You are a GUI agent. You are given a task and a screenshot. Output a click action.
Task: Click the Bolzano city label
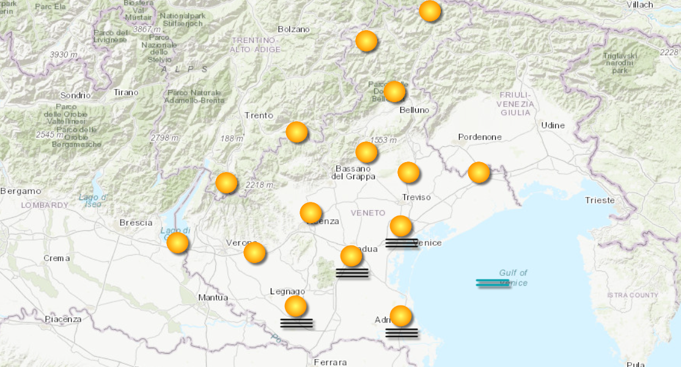pos(293,29)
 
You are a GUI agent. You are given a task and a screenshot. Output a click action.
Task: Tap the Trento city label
pos(259,115)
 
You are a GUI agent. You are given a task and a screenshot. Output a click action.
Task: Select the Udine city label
pos(553,125)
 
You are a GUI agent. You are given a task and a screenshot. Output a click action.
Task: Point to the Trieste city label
pos(600,200)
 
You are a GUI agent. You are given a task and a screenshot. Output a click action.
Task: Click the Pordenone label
pos(480,136)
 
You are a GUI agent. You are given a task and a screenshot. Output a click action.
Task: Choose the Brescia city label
pos(136,223)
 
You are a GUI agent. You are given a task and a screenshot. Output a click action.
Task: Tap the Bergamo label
pos(20,191)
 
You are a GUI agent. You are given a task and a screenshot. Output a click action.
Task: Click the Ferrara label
pos(330,362)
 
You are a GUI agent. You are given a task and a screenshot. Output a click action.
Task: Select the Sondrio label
pos(75,95)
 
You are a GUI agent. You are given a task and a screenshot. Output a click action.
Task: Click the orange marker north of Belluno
pos(394,92)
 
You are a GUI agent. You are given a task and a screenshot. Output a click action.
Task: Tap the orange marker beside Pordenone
pos(479,172)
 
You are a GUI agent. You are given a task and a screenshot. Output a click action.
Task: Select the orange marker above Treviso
pos(408,172)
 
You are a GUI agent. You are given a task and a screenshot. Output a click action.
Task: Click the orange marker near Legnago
pos(295,306)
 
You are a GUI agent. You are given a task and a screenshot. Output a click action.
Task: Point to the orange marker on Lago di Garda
pos(177,243)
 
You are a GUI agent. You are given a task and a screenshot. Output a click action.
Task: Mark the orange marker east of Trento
pos(296,132)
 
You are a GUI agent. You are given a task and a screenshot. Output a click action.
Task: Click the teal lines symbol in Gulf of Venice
pos(493,283)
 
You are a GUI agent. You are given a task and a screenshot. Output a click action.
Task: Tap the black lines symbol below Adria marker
pos(402,333)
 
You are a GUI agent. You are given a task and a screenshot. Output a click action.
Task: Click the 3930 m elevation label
pos(64,54)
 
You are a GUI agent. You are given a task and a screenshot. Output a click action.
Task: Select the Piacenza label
pos(62,319)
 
